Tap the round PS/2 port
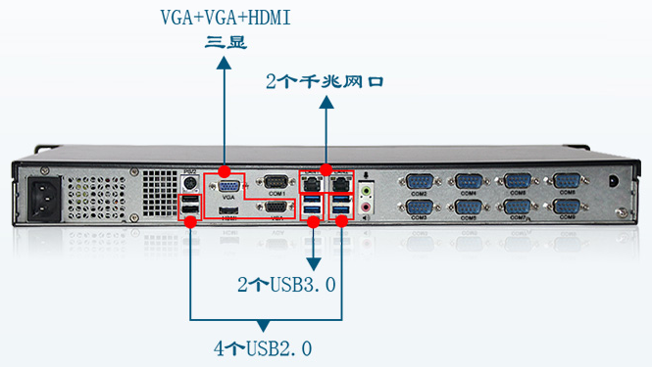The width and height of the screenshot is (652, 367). click(190, 183)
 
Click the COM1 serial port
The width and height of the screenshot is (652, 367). click(276, 182)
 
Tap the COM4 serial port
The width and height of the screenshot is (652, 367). click(469, 181)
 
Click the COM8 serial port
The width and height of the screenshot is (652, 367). click(567, 181)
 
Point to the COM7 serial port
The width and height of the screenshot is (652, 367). click(518, 206)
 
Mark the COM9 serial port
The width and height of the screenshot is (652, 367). click(567, 206)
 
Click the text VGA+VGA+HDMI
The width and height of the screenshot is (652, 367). click(226, 18)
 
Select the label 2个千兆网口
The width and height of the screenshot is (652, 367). click(325, 82)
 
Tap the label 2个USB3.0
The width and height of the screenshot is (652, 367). click(286, 286)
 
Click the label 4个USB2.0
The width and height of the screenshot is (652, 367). click(262, 347)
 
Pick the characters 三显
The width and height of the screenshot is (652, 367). click(226, 42)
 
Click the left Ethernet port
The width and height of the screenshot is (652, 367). click(311, 182)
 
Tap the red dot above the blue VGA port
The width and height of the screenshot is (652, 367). click(225, 169)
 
